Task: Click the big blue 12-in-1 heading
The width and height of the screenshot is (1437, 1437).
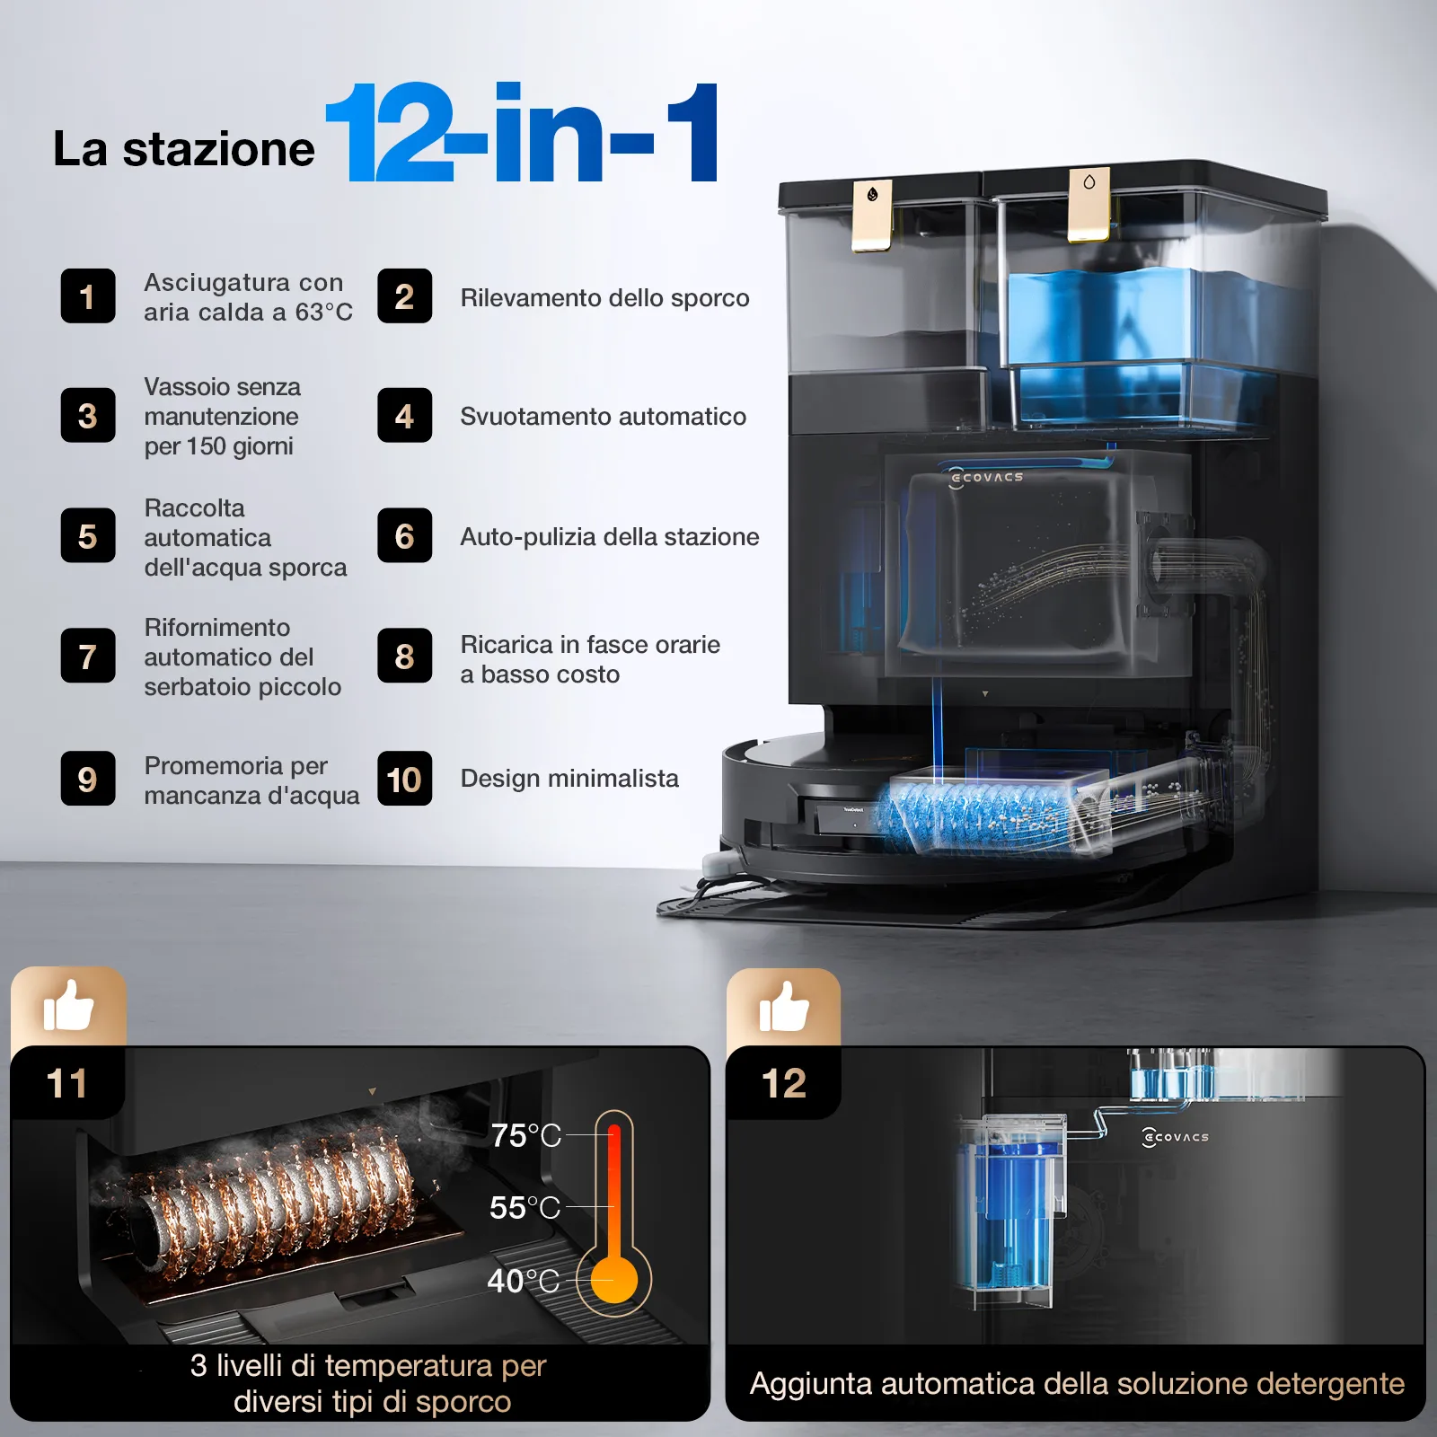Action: click(x=522, y=132)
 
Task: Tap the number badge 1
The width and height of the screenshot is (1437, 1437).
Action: click(x=88, y=295)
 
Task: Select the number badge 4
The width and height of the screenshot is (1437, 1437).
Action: click(x=405, y=415)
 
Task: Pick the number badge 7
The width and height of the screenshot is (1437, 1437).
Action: click(x=88, y=656)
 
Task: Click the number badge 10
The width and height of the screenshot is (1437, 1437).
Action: click(x=405, y=779)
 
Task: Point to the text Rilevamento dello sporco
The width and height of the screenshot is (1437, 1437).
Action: click(x=604, y=297)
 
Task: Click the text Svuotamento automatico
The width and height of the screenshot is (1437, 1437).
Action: click(x=603, y=416)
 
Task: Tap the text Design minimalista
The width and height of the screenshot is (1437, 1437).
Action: click(x=569, y=778)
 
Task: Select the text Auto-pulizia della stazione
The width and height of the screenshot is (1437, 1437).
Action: click(x=610, y=536)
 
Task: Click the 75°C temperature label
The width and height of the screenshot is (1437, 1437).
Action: click(x=525, y=1135)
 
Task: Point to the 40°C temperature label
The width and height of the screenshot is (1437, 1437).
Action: click(x=524, y=1281)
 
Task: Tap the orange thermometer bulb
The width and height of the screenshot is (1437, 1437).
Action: click(x=614, y=1279)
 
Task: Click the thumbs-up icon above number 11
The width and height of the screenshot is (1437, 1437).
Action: click(x=68, y=1006)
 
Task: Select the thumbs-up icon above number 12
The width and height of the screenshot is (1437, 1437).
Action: click(x=784, y=1006)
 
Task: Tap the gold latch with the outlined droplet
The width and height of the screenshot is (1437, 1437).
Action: click(x=1089, y=204)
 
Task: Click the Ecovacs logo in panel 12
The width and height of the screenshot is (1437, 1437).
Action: click(x=1175, y=1137)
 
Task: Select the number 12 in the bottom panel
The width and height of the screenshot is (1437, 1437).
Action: click(x=784, y=1083)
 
